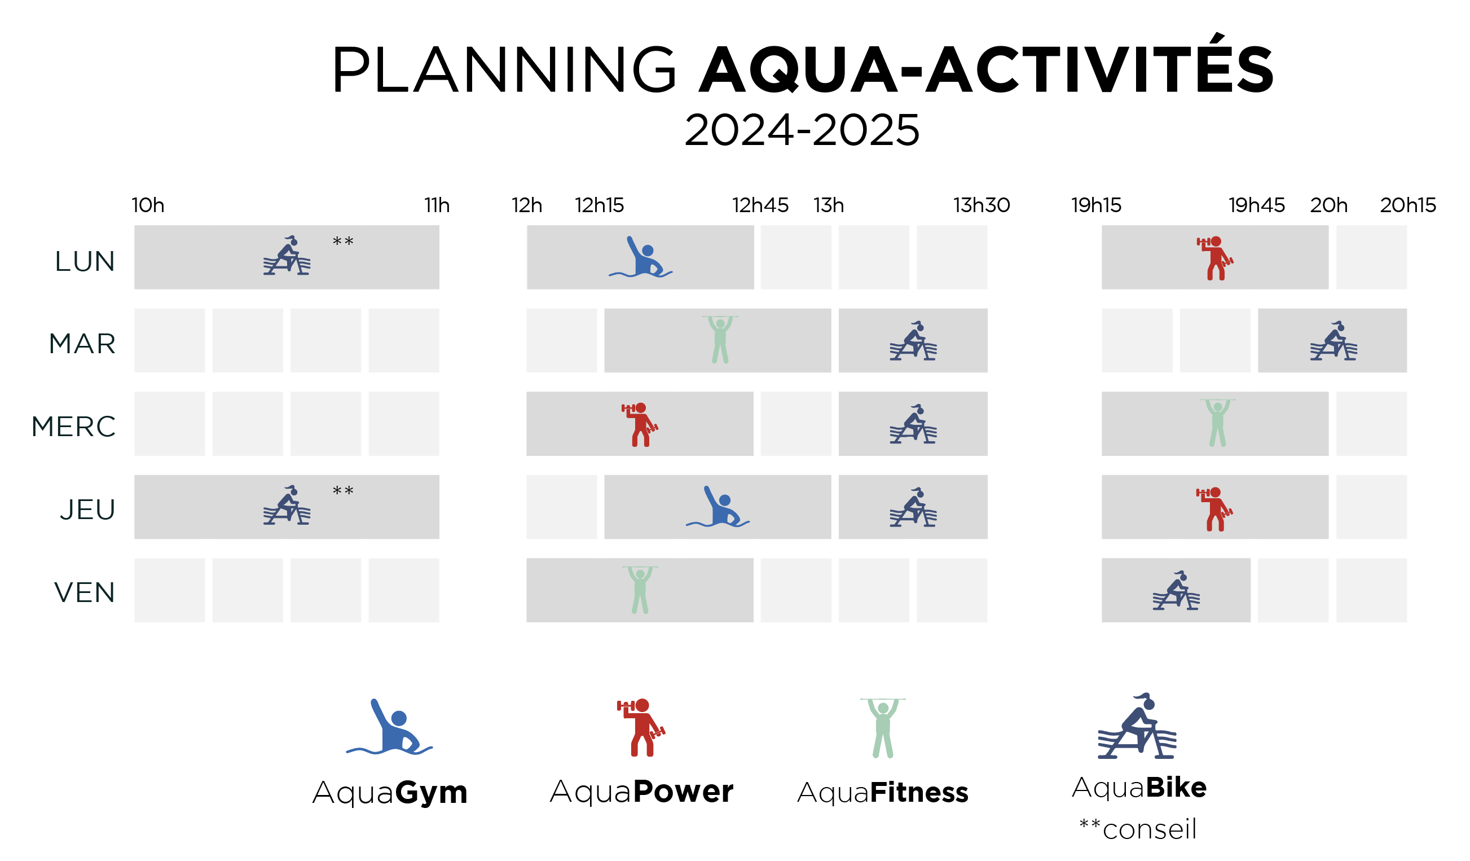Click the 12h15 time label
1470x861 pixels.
599,205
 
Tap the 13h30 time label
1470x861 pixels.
982,205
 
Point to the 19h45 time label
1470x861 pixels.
1257,205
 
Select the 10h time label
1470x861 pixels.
148,205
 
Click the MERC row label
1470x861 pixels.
73,427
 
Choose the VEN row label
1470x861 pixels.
85,592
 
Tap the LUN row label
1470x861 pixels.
85,261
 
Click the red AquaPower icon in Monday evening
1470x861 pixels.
1214,258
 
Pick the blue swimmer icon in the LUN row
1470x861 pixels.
640,257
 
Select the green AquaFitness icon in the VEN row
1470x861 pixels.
640,590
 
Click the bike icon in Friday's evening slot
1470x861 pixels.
1176,590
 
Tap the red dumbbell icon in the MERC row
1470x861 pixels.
640,425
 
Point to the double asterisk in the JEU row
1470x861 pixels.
343,491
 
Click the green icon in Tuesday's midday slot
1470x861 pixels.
720,340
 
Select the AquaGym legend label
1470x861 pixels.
390,793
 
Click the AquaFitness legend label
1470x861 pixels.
883,793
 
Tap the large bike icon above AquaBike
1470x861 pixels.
1137,726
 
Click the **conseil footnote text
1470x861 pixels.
1138,829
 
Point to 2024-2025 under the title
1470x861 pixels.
802,130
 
